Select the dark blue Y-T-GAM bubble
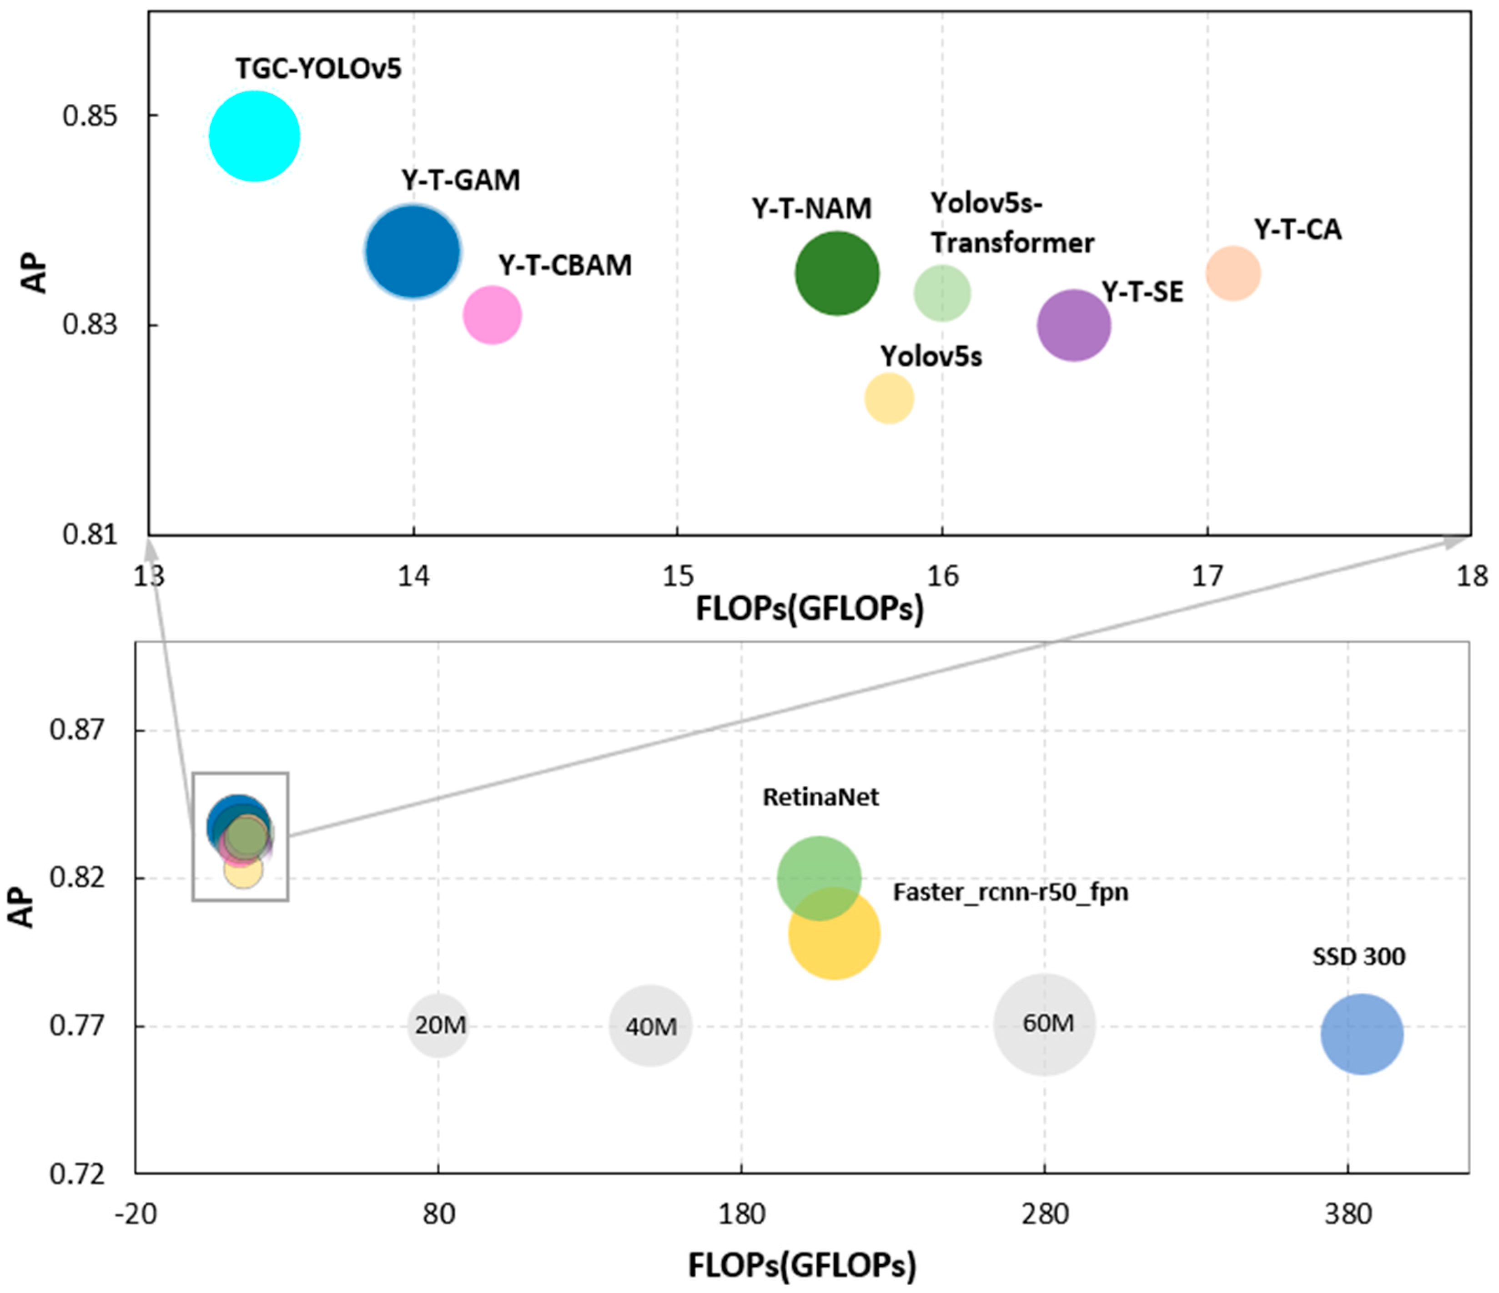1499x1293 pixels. point(412,252)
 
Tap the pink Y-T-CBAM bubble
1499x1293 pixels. point(493,315)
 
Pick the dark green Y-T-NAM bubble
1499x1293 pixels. point(837,273)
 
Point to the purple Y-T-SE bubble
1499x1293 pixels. point(1074,326)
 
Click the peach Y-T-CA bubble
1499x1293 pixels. point(1233,273)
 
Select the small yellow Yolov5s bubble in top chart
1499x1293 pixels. point(889,398)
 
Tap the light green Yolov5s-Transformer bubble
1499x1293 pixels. point(942,293)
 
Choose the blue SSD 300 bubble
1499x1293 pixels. point(1362,1035)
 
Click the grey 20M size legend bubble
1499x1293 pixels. point(438,1025)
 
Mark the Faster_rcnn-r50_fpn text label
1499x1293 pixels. point(1010,892)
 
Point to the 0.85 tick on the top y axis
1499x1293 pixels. point(90,116)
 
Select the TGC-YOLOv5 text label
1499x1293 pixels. point(318,69)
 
